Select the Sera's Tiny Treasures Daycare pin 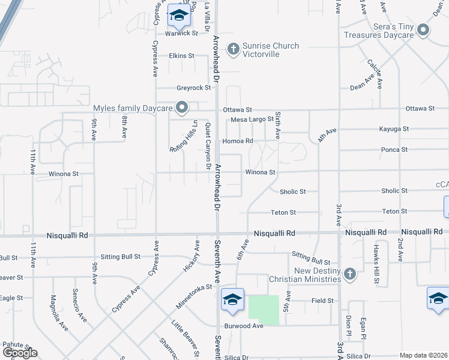click(424, 30)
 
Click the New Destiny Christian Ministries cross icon click(351, 274)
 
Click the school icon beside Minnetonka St click(232, 299)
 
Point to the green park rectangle click(264, 310)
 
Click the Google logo click(20, 353)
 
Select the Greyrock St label click(193, 88)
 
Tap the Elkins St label click(181, 56)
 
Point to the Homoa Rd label click(238, 141)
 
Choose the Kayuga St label click(394, 129)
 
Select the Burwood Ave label click(244, 326)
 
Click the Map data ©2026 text click(423, 355)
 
